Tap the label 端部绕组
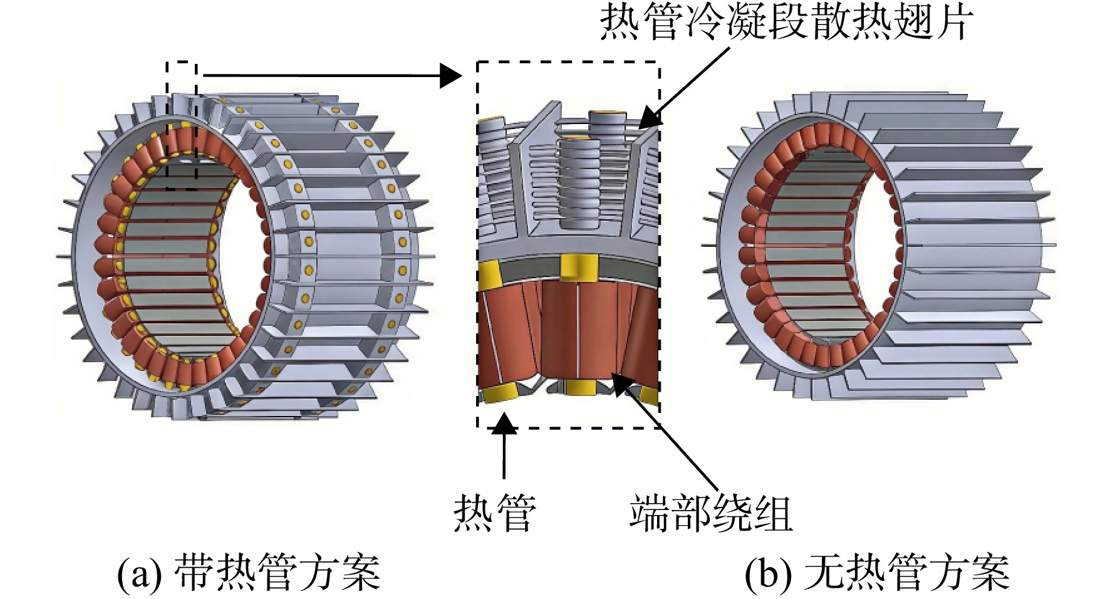(x=711, y=513)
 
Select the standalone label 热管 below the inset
(x=495, y=513)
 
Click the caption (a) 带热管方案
(x=249, y=572)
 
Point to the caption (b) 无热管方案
(x=877, y=572)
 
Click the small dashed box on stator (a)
(x=182, y=125)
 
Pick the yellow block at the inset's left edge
(x=489, y=276)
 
